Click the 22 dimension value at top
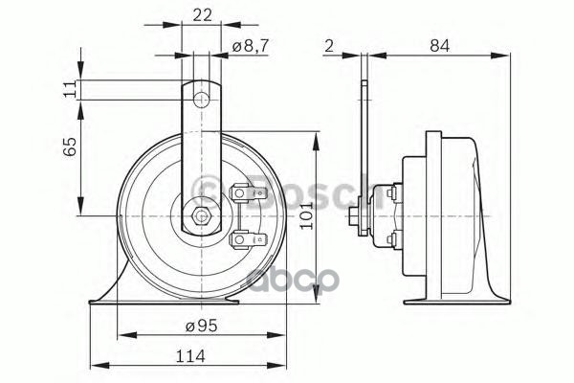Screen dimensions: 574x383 tap(202, 15)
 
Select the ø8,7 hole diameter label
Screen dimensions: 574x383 tap(251, 46)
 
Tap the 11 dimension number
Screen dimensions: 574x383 tap(70, 89)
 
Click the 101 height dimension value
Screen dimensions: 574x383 tap(306, 215)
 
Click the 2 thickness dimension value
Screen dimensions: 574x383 tap(329, 46)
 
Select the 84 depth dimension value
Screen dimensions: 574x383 tap(439, 46)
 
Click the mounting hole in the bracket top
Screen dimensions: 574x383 tap(201, 100)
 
